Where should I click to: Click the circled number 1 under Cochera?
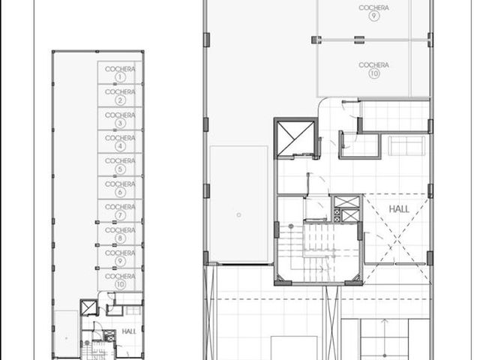120,77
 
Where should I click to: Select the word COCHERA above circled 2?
120,91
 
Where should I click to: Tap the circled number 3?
120,123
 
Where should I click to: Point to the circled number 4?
120,146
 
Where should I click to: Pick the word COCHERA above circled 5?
120,160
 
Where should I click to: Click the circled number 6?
120,192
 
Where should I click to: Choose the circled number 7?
120,215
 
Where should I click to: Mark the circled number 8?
120,238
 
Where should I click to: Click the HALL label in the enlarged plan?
399,209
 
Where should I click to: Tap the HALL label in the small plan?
129,331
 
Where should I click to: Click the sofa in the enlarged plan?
406,146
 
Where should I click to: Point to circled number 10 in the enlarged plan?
373,73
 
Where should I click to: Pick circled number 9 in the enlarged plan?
373,16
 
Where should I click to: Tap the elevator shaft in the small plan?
88,307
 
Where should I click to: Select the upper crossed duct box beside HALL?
346,202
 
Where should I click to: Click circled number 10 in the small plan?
120,284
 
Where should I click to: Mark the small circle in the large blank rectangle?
238,215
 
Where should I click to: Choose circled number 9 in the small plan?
120,261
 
